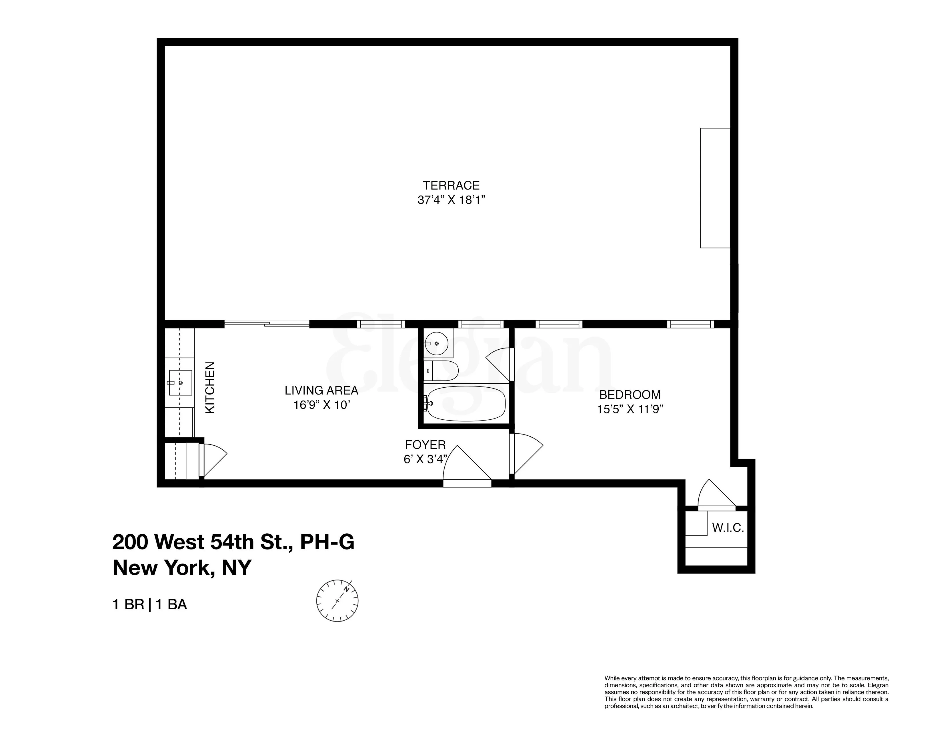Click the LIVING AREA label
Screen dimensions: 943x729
[x=321, y=391]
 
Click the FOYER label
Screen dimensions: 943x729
[x=425, y=445]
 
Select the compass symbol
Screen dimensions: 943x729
[x=337, y=601]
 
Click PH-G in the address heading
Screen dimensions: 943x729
[x=327, y=542]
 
